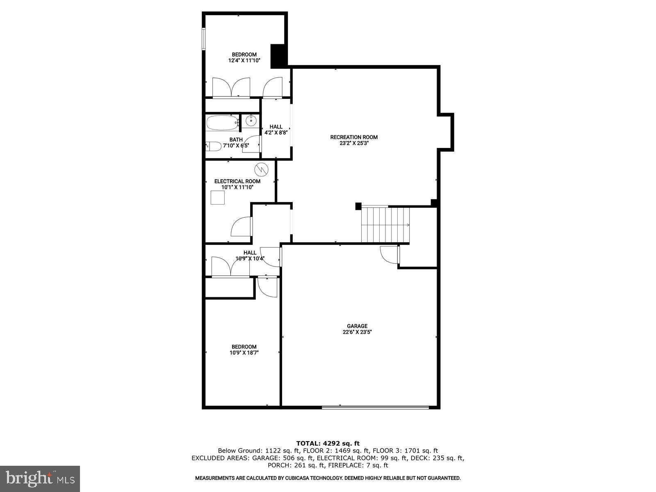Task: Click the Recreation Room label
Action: pyautogui.click(x=354, y=137)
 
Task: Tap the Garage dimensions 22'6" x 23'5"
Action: pyautogui.click(x=357, y=333)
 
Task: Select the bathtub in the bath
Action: pyautogui.click(x=222, y=123)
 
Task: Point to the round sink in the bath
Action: pyautogui.click(x=251, y=121)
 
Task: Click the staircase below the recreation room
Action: pyautogui.click(x=385, y=225)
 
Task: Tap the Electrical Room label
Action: pyautogui.click(x=237, y=181)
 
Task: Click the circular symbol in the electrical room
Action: pyautogui.click(x=261, y=169)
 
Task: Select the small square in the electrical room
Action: pyautogui.click(x=218, y=198)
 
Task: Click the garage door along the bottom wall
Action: pyautogui.click(x=375, y=407)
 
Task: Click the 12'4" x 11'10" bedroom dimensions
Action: pyautogui.click(x=244, y=61)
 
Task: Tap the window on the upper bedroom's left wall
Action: pyautogui.click(x=204, y=39)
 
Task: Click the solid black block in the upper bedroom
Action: pyautogui.click(x=278, y=56)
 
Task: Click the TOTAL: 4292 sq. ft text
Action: pyautogui.click(x=328, y=443)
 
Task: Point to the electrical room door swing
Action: pyautogui.click(x=241, y=227)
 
